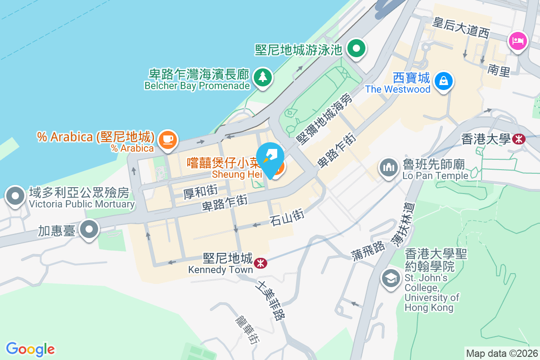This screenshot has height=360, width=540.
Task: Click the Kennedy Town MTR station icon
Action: (260, 263)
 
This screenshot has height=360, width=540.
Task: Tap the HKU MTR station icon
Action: (519, 139)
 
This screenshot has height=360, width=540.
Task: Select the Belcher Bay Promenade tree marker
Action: (262, 77)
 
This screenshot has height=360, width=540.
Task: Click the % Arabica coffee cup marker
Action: (168, 138)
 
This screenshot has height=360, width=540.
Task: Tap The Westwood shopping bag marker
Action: (444, 81)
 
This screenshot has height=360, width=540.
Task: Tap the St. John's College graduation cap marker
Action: (391, 278)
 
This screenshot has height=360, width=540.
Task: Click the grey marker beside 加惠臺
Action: (89, 229)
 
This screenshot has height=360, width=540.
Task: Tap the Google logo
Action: (31, 349)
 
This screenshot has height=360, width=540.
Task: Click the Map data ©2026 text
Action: (502, 353)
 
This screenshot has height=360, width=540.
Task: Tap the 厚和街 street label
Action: (201, 192)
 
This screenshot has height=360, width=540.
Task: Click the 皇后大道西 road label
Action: (460, 27)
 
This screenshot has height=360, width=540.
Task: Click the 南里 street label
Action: (499, 70)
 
